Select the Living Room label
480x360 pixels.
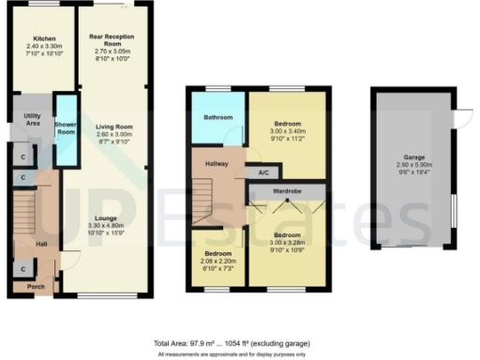[x=112, y=127]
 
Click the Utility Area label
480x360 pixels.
[x=32, y=119]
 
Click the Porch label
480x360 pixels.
[x=36, y=286]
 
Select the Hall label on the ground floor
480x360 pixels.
[x=40, y=245]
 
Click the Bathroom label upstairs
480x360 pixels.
[x=218, y=118]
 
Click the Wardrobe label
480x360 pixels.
[x=286, y=191]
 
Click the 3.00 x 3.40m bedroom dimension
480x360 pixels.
[x=287, y=132]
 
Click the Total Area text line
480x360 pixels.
[x=239, y=343]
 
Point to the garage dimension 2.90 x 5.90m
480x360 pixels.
[x=413, y=167]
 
